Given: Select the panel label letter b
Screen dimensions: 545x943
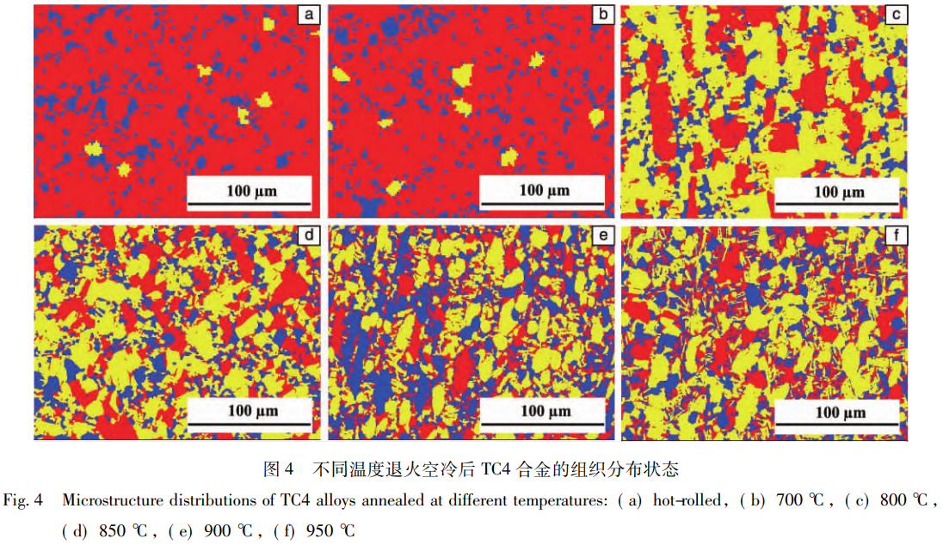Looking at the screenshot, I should coord(602,15).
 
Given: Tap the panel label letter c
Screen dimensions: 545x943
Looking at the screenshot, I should coord(896,15).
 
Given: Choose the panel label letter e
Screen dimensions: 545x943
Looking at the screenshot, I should coord(602,235).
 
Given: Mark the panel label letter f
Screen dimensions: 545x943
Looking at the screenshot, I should coord(896,235).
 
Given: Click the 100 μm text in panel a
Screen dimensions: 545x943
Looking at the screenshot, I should coord(252,190).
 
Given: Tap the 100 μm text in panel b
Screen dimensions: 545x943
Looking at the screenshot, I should coord(544,190).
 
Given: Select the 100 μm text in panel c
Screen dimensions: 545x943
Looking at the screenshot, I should coord(839,191).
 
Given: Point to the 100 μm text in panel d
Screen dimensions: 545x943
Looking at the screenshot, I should coord(252,410).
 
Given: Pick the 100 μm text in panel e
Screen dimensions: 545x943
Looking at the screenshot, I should coord(544,411).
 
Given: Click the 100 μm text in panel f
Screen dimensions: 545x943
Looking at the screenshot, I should coord(839,412).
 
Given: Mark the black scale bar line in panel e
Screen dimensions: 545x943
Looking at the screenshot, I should coord(543,425).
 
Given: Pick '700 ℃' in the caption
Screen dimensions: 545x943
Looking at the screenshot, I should coord(804,500).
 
